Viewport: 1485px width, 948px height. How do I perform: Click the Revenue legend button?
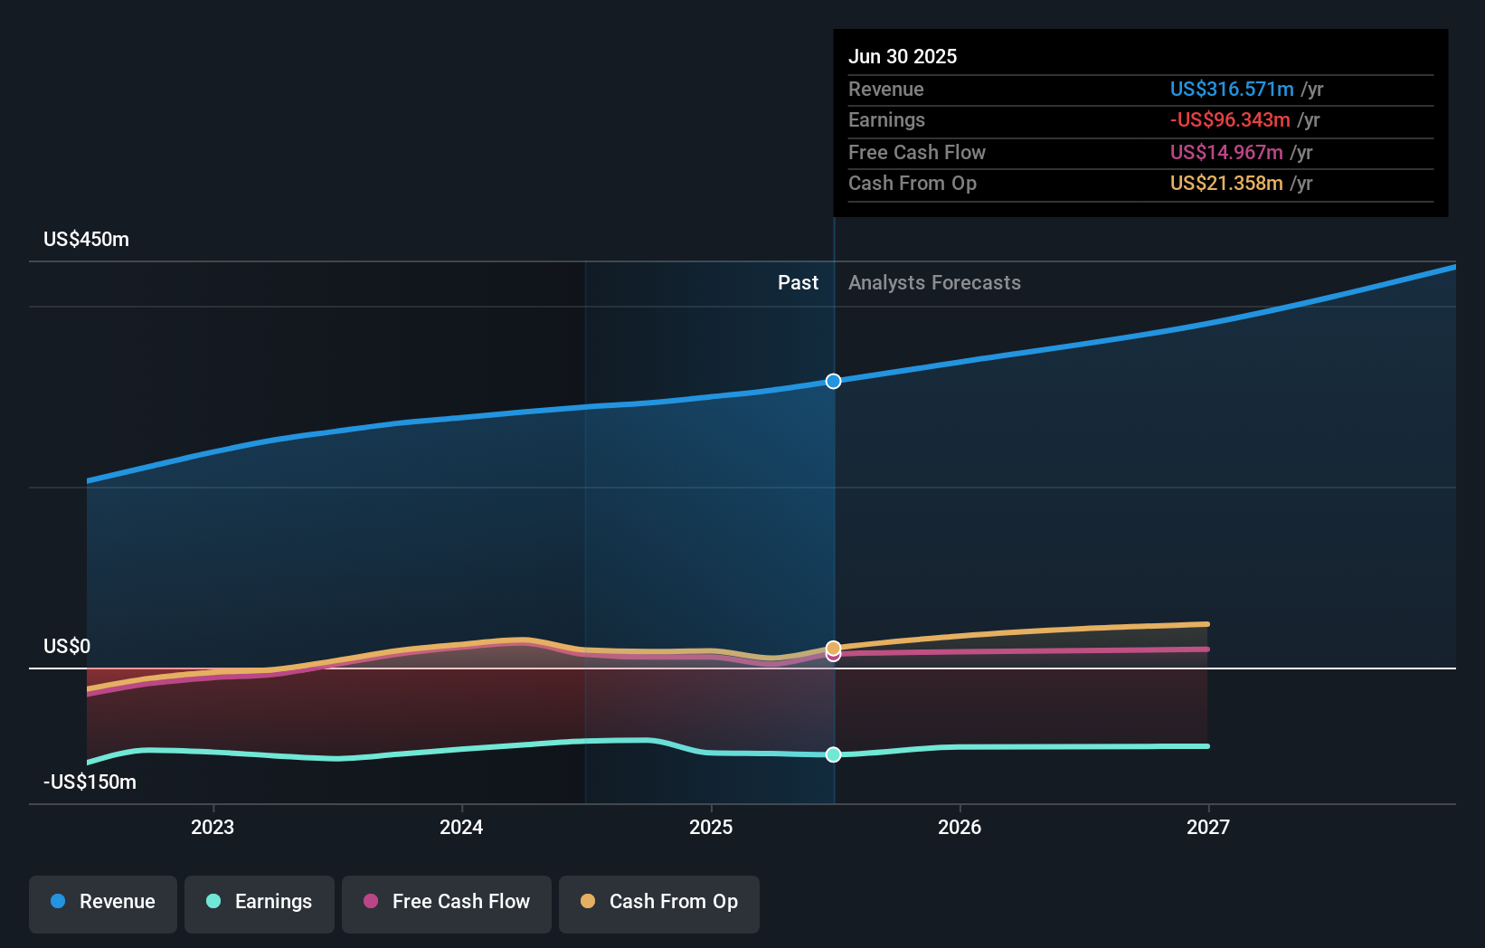[x=103, y=902]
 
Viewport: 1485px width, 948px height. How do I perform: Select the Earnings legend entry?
[x=260, y=902]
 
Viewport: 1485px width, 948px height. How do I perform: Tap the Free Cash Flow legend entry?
[x=447, y=902]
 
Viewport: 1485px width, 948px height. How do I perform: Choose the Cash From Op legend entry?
[x=659, y=902]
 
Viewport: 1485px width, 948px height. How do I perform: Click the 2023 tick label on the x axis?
[x=213, y=827]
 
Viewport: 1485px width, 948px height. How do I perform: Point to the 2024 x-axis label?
[x=461, y=827]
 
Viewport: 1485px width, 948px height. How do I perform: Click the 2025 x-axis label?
[x=711, y=827]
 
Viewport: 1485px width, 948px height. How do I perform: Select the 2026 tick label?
[x=960, y=827]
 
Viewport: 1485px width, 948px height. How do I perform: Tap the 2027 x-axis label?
[x=1208, y=827]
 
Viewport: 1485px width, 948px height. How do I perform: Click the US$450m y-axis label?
[x=87, y=240]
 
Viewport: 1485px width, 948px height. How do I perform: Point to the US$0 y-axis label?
[x=67, y=646]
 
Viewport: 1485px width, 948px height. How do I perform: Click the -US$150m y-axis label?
[x=90, y=782]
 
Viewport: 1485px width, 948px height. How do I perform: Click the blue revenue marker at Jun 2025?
[x=834, y=381]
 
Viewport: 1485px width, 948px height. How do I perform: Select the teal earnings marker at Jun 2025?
[x=834, y=754]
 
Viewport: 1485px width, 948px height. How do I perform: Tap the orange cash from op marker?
[x=834, y=647]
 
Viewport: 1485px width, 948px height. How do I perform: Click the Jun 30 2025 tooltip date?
[x=903, y=56]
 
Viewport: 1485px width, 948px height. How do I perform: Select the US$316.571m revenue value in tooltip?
[x=1232, y=89]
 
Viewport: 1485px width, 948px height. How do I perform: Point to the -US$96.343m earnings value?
[x=1230, y=120]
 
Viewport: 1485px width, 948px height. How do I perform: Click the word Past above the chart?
[x=798, y=283]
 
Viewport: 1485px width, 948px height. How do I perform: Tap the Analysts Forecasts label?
[x=934, y=283]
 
